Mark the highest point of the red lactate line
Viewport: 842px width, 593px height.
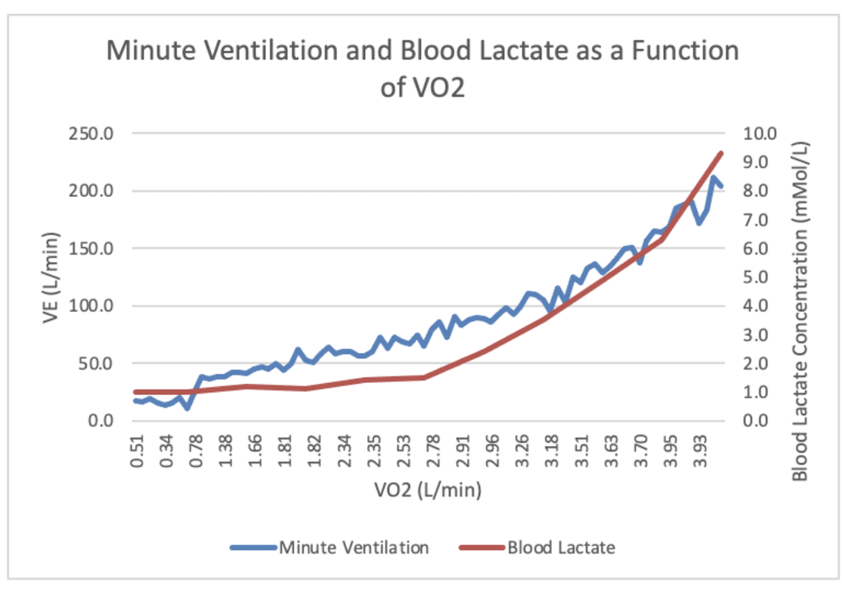(x=721, y=153)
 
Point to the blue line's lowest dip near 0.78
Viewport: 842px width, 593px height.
(x=189, y=408)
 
